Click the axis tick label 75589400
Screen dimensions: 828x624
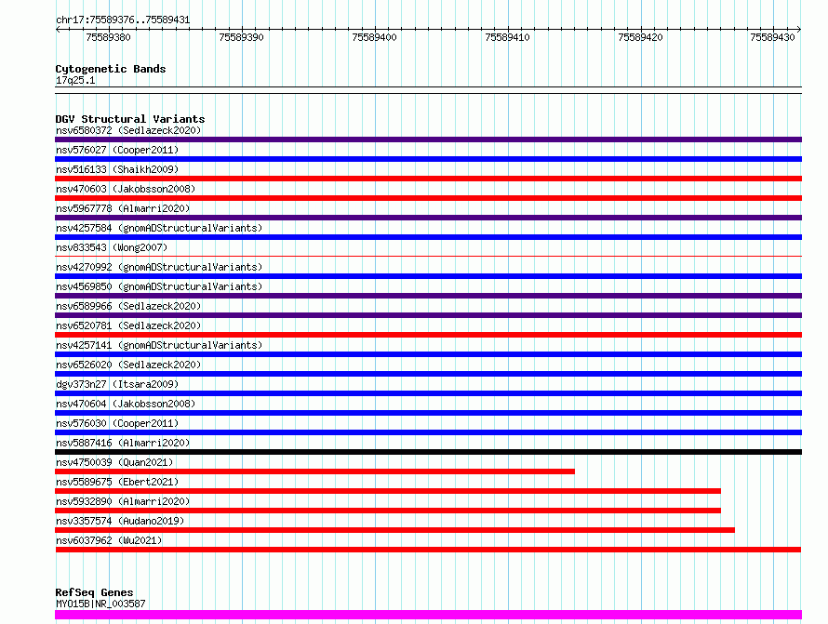pos(374,37)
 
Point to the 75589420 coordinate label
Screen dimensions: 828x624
pos(640,37)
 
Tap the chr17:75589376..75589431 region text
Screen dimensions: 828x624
pos(123,20)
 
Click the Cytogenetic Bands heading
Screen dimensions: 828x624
pos(111,69)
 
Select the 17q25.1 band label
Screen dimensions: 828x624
pos(75,80)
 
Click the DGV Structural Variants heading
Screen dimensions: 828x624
pos(130,119)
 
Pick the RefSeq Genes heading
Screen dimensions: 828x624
pos(94,593)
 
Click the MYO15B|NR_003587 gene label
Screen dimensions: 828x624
pos(100,604)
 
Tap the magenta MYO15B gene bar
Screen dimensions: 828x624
pos(428,615)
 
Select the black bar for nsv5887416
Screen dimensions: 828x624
pos(428,452)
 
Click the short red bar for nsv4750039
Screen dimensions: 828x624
pos(314,471)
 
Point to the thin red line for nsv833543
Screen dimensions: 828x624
pos(428,257)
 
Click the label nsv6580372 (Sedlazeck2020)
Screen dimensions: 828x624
pos(128,130)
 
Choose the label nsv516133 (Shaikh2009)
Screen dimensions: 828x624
pos(117,169)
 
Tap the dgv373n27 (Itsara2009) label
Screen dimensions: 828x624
pos(117,384)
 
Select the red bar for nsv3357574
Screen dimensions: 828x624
pos(394,530)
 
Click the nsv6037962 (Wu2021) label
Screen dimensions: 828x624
pos(109,540)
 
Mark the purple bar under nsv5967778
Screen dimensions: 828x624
pos(428,218)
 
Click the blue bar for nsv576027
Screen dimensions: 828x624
pos(428,159)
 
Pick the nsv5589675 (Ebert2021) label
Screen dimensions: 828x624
pos(117,482)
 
